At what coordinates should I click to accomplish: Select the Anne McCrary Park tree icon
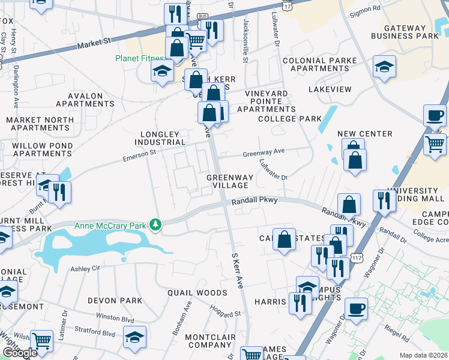point(156,225)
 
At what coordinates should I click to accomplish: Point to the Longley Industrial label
point(163,138)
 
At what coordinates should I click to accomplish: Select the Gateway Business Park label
point(414,31)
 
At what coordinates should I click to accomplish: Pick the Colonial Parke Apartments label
point(319,64)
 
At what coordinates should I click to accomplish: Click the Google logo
point(20,353)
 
